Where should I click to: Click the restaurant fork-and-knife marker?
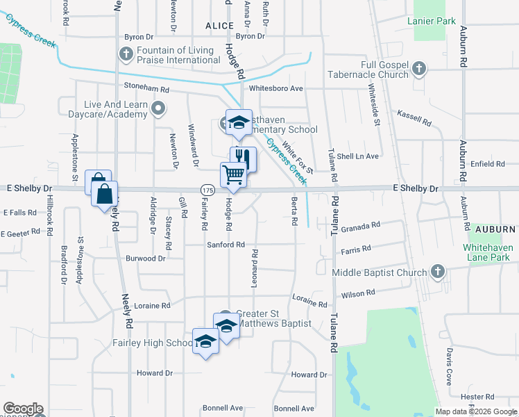[243, 158]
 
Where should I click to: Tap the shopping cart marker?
[234, 174]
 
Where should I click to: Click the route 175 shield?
[207, 189]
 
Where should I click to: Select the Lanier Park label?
[434, 21]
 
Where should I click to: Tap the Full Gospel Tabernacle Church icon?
[418, 69]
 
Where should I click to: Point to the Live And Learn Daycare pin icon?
[159, 108]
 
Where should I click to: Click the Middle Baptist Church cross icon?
[437, 272]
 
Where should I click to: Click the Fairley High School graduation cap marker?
[205, 341]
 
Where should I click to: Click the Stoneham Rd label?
[146, 90]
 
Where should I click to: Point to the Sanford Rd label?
[226, 245]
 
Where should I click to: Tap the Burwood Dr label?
[146, 258]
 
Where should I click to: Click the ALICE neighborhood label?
[220, 26]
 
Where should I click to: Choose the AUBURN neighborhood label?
[496, 229]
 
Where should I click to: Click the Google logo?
[23, 409]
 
